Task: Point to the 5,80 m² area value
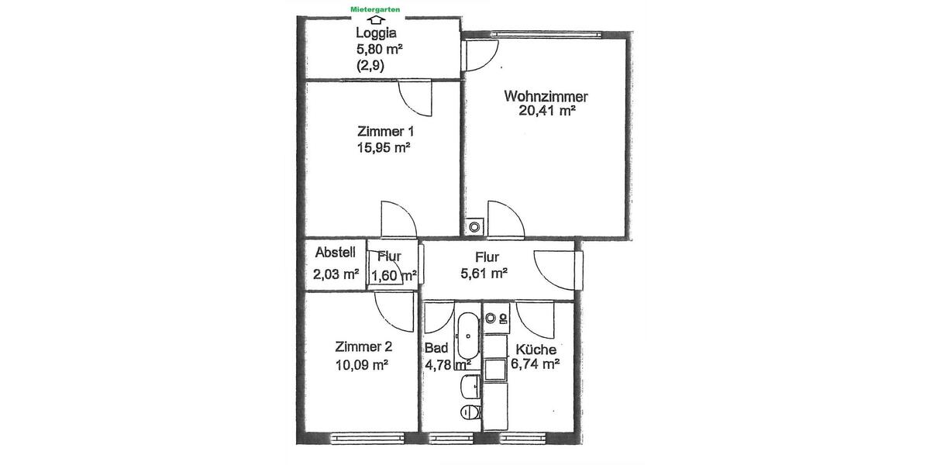[x=379, y=50]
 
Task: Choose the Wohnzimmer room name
[x=546, y=97]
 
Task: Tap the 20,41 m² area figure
[x=547, y=112]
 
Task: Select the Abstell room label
[x=335, y=252]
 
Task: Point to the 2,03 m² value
[x=336, y=273]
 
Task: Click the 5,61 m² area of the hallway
[x=485, y=273]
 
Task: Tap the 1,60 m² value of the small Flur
[x=394, y=274]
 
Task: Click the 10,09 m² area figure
[x=362, y=363]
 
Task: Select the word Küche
[x=536, y=350]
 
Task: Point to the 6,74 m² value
[x=535, y=363]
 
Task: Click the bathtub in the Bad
[x=468, y=336]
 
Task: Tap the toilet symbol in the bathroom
[x=467, y=412]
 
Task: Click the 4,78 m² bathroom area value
[x=448, y=363]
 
